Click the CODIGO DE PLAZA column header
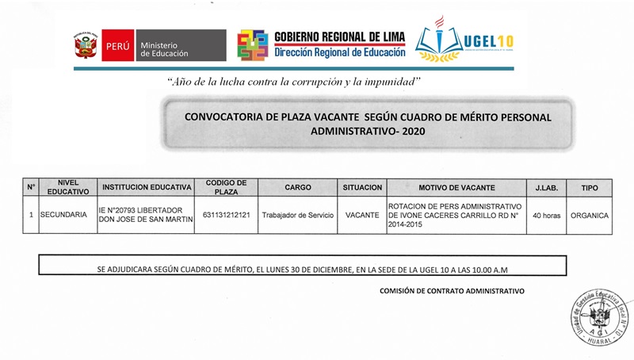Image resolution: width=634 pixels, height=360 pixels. click(226, 187)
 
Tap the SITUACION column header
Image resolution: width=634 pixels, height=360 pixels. click(362, 187)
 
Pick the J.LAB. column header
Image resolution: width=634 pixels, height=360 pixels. click(547, 187)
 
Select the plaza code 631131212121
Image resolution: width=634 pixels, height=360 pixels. click(226, 214)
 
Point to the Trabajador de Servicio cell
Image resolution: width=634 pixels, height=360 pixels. click(297, 214)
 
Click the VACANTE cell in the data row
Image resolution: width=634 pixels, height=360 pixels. click(362, 214)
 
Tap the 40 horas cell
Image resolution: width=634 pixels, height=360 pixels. click(547, 214)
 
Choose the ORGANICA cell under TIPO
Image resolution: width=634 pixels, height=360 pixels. click(590, 214)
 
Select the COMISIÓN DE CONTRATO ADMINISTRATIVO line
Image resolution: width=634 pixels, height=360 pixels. click(452, 291)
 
